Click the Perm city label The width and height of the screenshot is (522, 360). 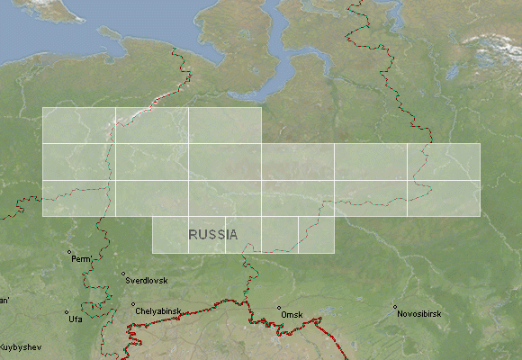coord(82,259)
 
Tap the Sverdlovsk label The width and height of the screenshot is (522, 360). coord(146,281)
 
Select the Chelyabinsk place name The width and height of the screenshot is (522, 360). coord(159,311)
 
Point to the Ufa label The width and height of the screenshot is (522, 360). coord(74,319)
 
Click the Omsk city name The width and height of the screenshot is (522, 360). coord(292,315)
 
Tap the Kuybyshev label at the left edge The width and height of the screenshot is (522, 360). coord(16,346)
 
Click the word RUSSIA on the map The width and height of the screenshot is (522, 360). coord(213,235)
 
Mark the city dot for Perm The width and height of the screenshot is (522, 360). coord(69,252)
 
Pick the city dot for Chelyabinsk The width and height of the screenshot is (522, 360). coord(133,304)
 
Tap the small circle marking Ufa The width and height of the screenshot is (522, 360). coord(67,313)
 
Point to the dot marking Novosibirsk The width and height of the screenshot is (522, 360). coord(395,308)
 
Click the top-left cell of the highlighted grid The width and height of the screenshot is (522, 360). coord(78,125)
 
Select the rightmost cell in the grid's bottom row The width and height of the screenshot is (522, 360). coord(316,234)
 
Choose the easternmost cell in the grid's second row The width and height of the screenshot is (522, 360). coord(444,161)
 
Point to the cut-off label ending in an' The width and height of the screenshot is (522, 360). coord(4,301)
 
